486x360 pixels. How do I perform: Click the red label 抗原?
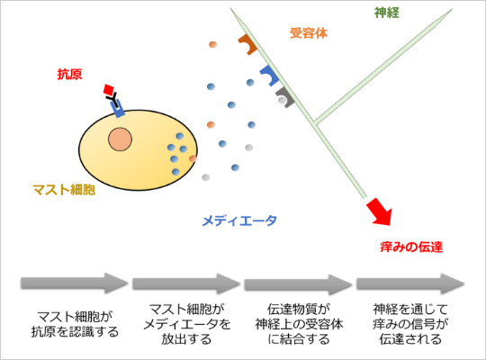coord(69,75)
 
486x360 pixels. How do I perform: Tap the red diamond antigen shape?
coord(109,89)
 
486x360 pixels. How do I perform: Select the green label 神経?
coord(386,13)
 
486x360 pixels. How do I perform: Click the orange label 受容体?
coord(309,33)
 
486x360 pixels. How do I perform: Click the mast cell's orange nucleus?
coord(121,139)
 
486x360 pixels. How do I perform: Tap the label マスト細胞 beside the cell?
coord(64,190)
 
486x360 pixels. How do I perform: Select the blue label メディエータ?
coord(239,220)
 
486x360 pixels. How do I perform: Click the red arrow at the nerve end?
coord(381,212)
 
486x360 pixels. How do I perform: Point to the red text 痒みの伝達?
coord(411,247)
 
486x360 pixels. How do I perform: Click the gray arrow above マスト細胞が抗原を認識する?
coord(75,283)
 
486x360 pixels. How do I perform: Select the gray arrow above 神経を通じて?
coord(410,283)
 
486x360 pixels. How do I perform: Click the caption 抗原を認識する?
coord(75,332)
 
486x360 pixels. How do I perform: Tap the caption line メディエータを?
coord(187,324)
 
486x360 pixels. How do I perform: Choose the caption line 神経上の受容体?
coord(299,324)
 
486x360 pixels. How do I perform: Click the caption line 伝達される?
coord(410,339)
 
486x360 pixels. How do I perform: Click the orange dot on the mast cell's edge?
coord(193,158)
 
